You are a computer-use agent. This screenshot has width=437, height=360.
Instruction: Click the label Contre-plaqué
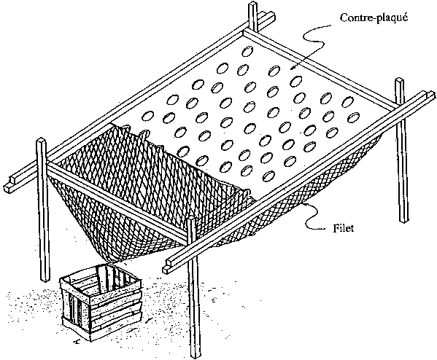(374, 17)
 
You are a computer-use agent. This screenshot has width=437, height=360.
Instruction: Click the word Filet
(343, 228)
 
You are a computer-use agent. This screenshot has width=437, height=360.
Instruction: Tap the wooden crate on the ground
(101, 302)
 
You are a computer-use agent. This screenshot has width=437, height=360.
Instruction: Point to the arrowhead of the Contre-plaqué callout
(293, 67)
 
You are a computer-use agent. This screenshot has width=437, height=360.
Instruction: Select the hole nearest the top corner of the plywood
(247, 51)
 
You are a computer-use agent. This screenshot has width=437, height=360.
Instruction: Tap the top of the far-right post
(399, 80)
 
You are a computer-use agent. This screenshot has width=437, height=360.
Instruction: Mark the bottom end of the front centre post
(195, 356)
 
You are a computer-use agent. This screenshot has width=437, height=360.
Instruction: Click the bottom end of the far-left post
(45, 279)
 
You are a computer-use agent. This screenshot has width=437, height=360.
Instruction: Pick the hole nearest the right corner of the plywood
(353, 117)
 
